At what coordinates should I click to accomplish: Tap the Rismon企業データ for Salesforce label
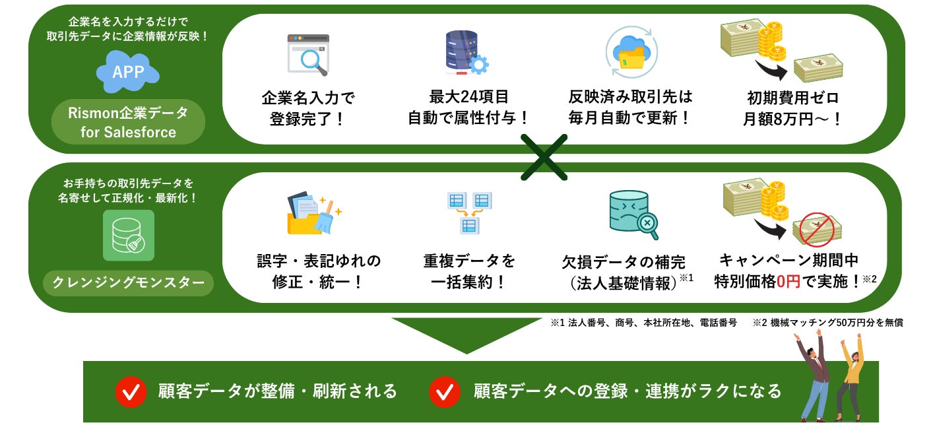pyautogui.click(x=128, y=122)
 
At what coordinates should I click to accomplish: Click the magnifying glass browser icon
pyautogui.click(x=308, y=55)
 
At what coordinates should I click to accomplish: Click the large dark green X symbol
pyautogui.click(x=543, y=157)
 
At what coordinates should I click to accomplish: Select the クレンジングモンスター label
pyautogui.click(x=128, y=283)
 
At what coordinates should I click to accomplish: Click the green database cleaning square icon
pyautogui.click(x=128, y=236)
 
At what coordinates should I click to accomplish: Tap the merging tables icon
pyautogui.click(x=469, y=212)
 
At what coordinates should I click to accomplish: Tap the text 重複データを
pyautogui.click(x=469, y=260)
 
